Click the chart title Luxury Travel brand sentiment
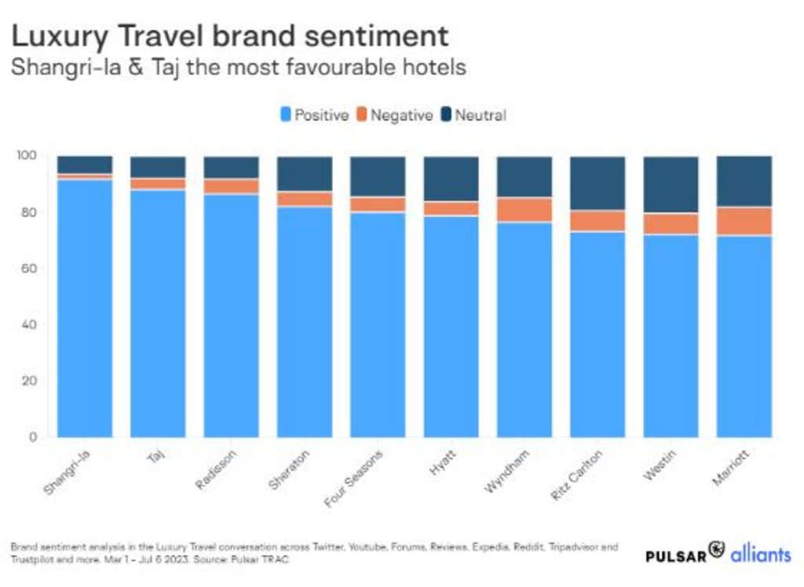click(229, 35)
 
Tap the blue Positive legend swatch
click(287, 115)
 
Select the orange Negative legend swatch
click(362, 115)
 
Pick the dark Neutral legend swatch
click(446, 115)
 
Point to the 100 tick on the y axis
click(27, 156)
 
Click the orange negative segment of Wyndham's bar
click(524, 210)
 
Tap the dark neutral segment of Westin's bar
click(671, 184)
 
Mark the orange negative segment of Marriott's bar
click(744, 221)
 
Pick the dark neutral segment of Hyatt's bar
click(451, 178)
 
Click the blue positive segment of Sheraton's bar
click(305, 321)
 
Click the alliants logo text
click(760, 554)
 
